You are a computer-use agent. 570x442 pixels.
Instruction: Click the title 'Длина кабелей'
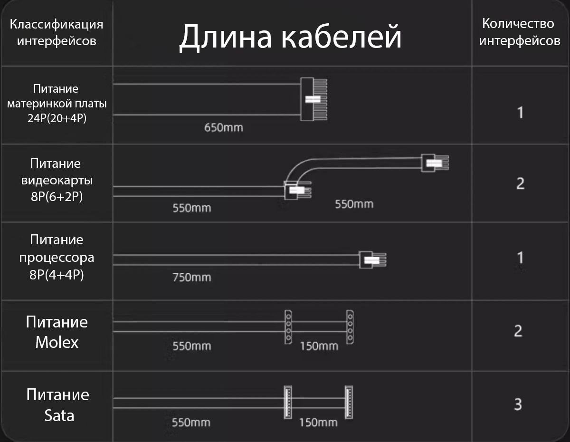(x=290, y=37)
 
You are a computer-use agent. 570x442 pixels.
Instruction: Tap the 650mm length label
(x=224, y=128)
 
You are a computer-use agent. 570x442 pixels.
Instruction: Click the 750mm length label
(x=192, y=278)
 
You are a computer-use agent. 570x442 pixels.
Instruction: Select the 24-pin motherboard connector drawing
(x=313, y=99)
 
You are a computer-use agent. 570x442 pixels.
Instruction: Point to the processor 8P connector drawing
(x=372, y=260)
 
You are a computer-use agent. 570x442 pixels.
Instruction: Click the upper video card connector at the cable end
(x=435, y=163)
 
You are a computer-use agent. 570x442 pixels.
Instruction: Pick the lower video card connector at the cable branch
(x=298, y=190)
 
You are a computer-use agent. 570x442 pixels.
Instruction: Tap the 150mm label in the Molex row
(x=319, y=346)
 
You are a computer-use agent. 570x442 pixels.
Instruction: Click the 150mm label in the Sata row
(x=318, y=423)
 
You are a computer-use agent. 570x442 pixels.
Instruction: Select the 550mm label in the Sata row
(x=191, y=423)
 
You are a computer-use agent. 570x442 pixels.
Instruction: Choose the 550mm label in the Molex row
(x=192, y=346)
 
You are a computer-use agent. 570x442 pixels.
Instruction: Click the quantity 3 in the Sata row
(x=518, y=404)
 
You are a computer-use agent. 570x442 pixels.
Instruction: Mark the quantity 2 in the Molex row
(x=518, y=331)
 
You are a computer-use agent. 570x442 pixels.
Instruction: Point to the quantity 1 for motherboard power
(x=521, y=113)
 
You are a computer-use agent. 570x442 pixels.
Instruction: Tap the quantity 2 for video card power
(x=521, y=183)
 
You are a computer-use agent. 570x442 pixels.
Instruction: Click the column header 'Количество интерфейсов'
(x=519, y=32)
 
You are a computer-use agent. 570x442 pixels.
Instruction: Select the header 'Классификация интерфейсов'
(x=57, y=32)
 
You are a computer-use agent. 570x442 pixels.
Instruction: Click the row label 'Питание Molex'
(x=57, y=332)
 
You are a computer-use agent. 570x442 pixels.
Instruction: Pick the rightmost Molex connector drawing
(x=350, y=327)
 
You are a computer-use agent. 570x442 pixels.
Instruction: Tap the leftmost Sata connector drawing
(x=288, y=403)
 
